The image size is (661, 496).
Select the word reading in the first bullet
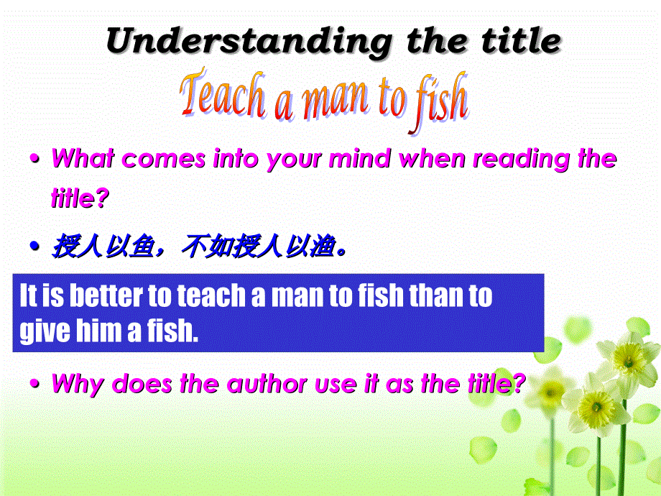[x=522, y=158]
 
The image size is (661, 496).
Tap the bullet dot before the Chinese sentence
[x=34, y=248]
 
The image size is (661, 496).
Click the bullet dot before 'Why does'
[x=34, y=385]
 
